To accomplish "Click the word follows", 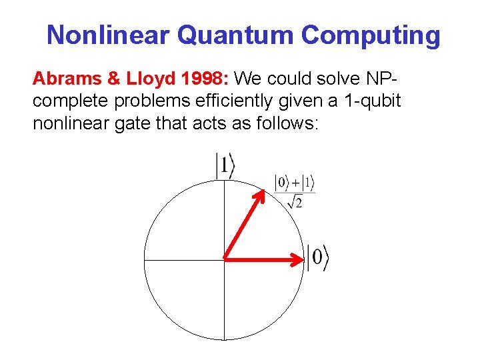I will point(287,123).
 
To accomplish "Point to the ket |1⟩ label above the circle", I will point(225,166).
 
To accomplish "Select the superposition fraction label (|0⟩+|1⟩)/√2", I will point(295,190).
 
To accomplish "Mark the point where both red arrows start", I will point(224,257).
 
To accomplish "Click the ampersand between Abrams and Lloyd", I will point(105,79).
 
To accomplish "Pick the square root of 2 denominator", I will point(294,201).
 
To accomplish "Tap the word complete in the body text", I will point(61,102).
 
